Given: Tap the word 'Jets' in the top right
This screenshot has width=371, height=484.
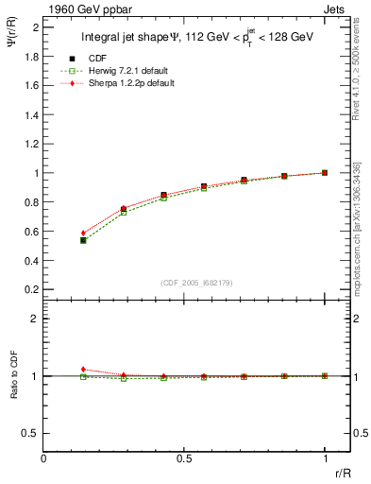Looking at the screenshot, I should [337, 9].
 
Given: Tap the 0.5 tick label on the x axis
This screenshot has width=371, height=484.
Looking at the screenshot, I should [183, 458].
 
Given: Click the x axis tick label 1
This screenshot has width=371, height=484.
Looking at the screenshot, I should [325, 458].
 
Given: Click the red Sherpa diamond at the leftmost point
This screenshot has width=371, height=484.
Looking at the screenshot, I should [83, 233].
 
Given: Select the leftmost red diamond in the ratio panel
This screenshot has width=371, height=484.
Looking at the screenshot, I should [83, 370].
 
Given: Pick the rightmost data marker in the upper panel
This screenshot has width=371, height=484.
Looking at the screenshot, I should [325, 173].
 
